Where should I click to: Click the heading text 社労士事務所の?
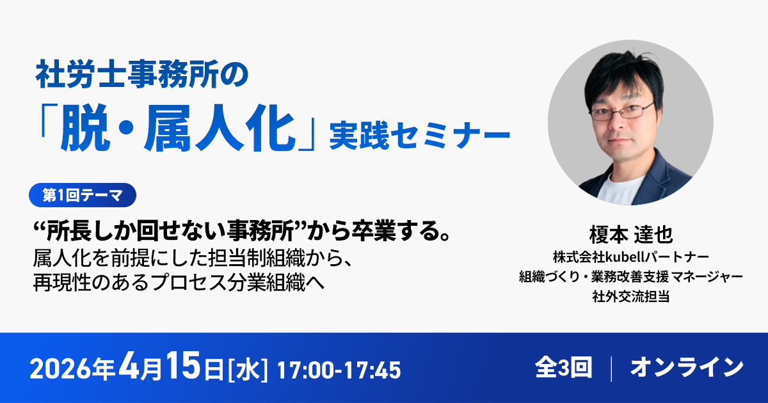(142, 74)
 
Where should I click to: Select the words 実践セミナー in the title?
(420, 136)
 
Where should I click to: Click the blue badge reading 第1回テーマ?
(83, 195)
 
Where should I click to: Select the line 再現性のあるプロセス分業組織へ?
(179, 283)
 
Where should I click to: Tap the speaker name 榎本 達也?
(631, 234)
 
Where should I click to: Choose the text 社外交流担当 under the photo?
(631, 296)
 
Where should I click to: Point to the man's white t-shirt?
(621, 191)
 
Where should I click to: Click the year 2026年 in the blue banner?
(72, 370)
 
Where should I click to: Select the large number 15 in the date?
(184, 366)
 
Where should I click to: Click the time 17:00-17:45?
(339, 370)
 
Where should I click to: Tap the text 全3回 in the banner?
(563, 368)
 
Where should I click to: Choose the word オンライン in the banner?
(687, 368)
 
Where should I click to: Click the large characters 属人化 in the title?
(220, 127)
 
